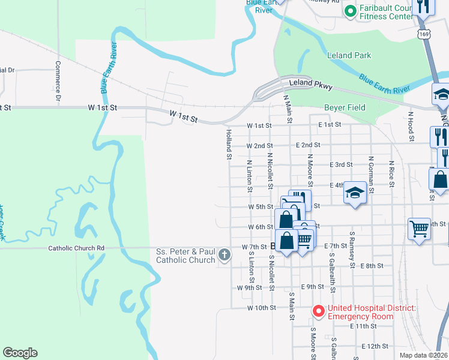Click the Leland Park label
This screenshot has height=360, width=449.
[x=349, y=55]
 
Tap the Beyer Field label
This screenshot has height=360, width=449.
[x=345, y=107]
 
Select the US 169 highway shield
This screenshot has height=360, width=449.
[x=424, y=33]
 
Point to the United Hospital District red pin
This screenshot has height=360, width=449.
[x=318, y=311]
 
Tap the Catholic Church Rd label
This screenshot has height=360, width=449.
[x=76, y=248]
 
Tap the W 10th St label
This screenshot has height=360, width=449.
[x=261, y=308]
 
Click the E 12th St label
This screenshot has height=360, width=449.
[x=376, y=347]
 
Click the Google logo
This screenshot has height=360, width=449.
[x=20, y=353]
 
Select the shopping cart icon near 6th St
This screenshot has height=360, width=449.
[x=419, y=228]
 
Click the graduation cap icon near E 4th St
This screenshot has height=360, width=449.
[x=355, y=193]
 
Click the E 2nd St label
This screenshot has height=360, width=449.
[x=308, y=145]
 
